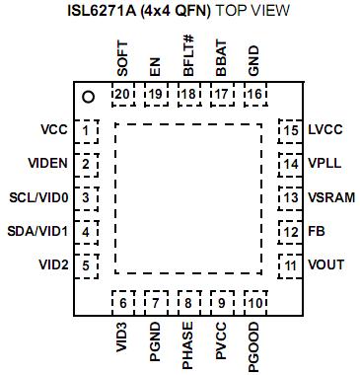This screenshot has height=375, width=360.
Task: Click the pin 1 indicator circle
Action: click(x=88, y=96)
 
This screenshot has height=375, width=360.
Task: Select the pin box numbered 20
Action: click(x=122, y=94)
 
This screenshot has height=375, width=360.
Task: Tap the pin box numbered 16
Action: click(x=253, y=94)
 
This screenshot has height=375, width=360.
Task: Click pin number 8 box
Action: click(x=187, y=302)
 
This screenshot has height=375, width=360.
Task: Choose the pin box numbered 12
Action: click(x=290, y=232)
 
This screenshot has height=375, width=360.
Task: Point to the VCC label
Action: click(x=54, y=130)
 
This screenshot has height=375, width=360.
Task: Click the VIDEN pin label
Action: click(x=47, y=164)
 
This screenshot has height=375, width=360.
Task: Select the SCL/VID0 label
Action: click(x=38, y=197)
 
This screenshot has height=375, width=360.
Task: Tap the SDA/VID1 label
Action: click(x=38, y=231)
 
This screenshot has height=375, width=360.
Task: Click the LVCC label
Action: click(x=325, y=130)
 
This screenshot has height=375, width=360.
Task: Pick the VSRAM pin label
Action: click(x=330, y=197)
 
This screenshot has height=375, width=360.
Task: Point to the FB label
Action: click(x=317, y=231)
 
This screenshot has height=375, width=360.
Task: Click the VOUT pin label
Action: click(x=326, y=264)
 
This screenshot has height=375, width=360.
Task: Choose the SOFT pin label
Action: click(x=122, y=58)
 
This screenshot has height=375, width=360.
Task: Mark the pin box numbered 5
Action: click(x=87, y=265)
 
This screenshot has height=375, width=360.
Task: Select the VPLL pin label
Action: click(x=325, y=164)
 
